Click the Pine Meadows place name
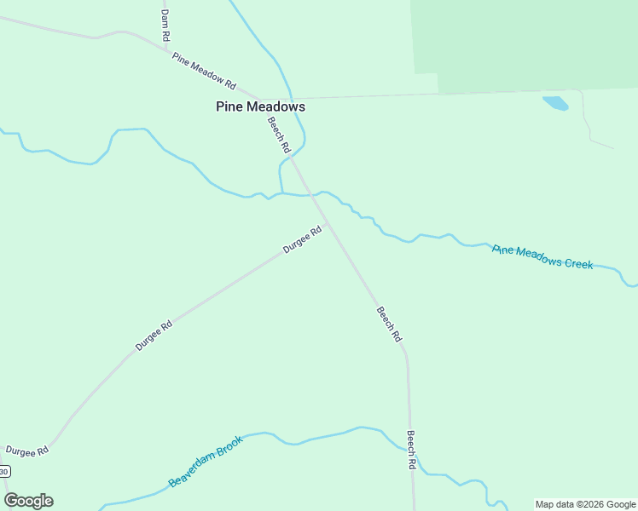pyautogui.click(x=260, y=107)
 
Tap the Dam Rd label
pyautogui.click(x=165, y=25)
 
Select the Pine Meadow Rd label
pyautogui.click(x=203, y=71)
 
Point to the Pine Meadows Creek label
pyautogui.click(x=542, y=256)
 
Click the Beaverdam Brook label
pyautogui.click(x=206, y=461)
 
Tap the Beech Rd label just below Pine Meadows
pyautogui.click(x=279, y=135)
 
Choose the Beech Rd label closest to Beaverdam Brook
pyautogui.click(x=411, y=451)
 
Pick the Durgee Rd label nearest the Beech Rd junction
pyautogui.click(x=303, y=239)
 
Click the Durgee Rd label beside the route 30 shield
pyautogui.click(x=26, y=451)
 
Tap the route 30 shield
pyautogui.click(x=4, y=471)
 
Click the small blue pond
pyautogui.click(x=555, y=104)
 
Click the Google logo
pyautogui.click(x=29, y=501)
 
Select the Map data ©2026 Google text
pyautogui.click(x=585, y=504)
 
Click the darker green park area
pyautogui.click(x=529, y=43)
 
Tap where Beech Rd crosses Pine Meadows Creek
pyautogui.click(x=311, y=195)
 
